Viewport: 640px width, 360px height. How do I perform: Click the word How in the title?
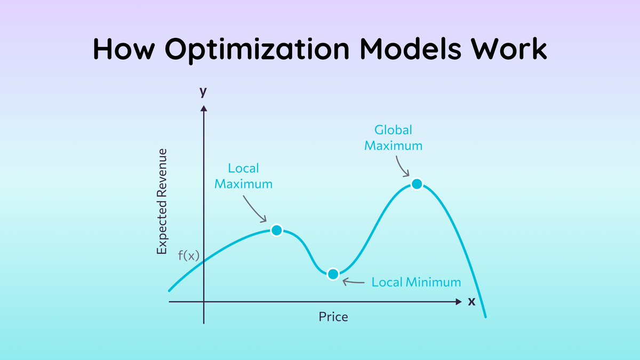tap(124, 49)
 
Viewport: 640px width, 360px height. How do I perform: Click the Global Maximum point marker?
tap(417, 184)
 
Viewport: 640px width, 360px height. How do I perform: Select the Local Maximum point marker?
tap(276, 230)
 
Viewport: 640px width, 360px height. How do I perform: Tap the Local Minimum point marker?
tap(333, 274)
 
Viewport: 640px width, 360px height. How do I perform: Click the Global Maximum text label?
tap(394, 138)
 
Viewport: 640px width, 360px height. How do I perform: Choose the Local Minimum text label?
tap(416, 282)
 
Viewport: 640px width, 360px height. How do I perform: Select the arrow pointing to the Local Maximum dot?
tap(255, 209)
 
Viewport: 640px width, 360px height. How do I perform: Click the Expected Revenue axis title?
tap(162, 201)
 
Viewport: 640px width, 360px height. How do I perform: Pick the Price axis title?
tap(333, 317)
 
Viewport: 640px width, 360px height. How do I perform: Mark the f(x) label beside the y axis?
tap(188, 255)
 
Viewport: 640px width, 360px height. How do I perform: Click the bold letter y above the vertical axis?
tap(203, 91)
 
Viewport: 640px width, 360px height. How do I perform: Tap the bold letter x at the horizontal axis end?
tap(471, 301)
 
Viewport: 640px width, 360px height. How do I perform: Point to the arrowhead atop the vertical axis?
tap(204, 108)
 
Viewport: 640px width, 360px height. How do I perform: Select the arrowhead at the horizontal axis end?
tap(459, 302)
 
